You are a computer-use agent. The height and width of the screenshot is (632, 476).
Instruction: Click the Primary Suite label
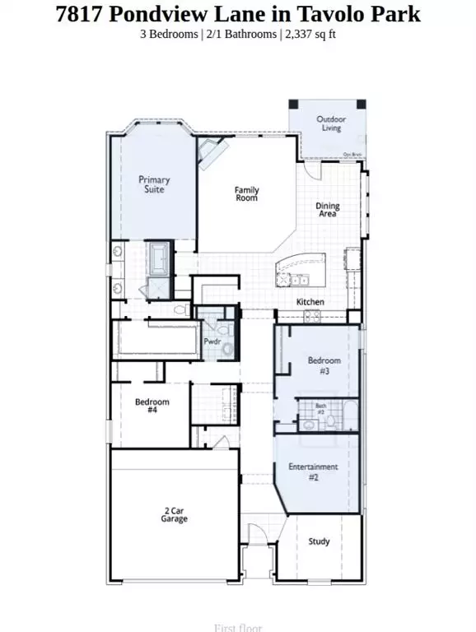pos(154,184)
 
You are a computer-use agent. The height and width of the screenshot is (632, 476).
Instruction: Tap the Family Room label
pos(246,194)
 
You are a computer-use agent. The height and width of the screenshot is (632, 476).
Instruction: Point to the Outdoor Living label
pos(332,123)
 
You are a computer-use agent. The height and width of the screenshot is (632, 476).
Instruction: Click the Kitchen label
pos(310,302)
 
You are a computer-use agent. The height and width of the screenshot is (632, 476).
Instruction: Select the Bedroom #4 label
pos(152,407)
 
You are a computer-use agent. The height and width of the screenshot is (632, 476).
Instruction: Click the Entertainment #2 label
pos(313,472)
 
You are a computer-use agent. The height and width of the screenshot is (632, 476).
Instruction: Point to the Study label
pos(320,541)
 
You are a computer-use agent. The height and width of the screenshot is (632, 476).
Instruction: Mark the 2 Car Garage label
pos(175,515)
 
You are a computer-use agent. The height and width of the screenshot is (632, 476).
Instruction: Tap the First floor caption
pos(237,628)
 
